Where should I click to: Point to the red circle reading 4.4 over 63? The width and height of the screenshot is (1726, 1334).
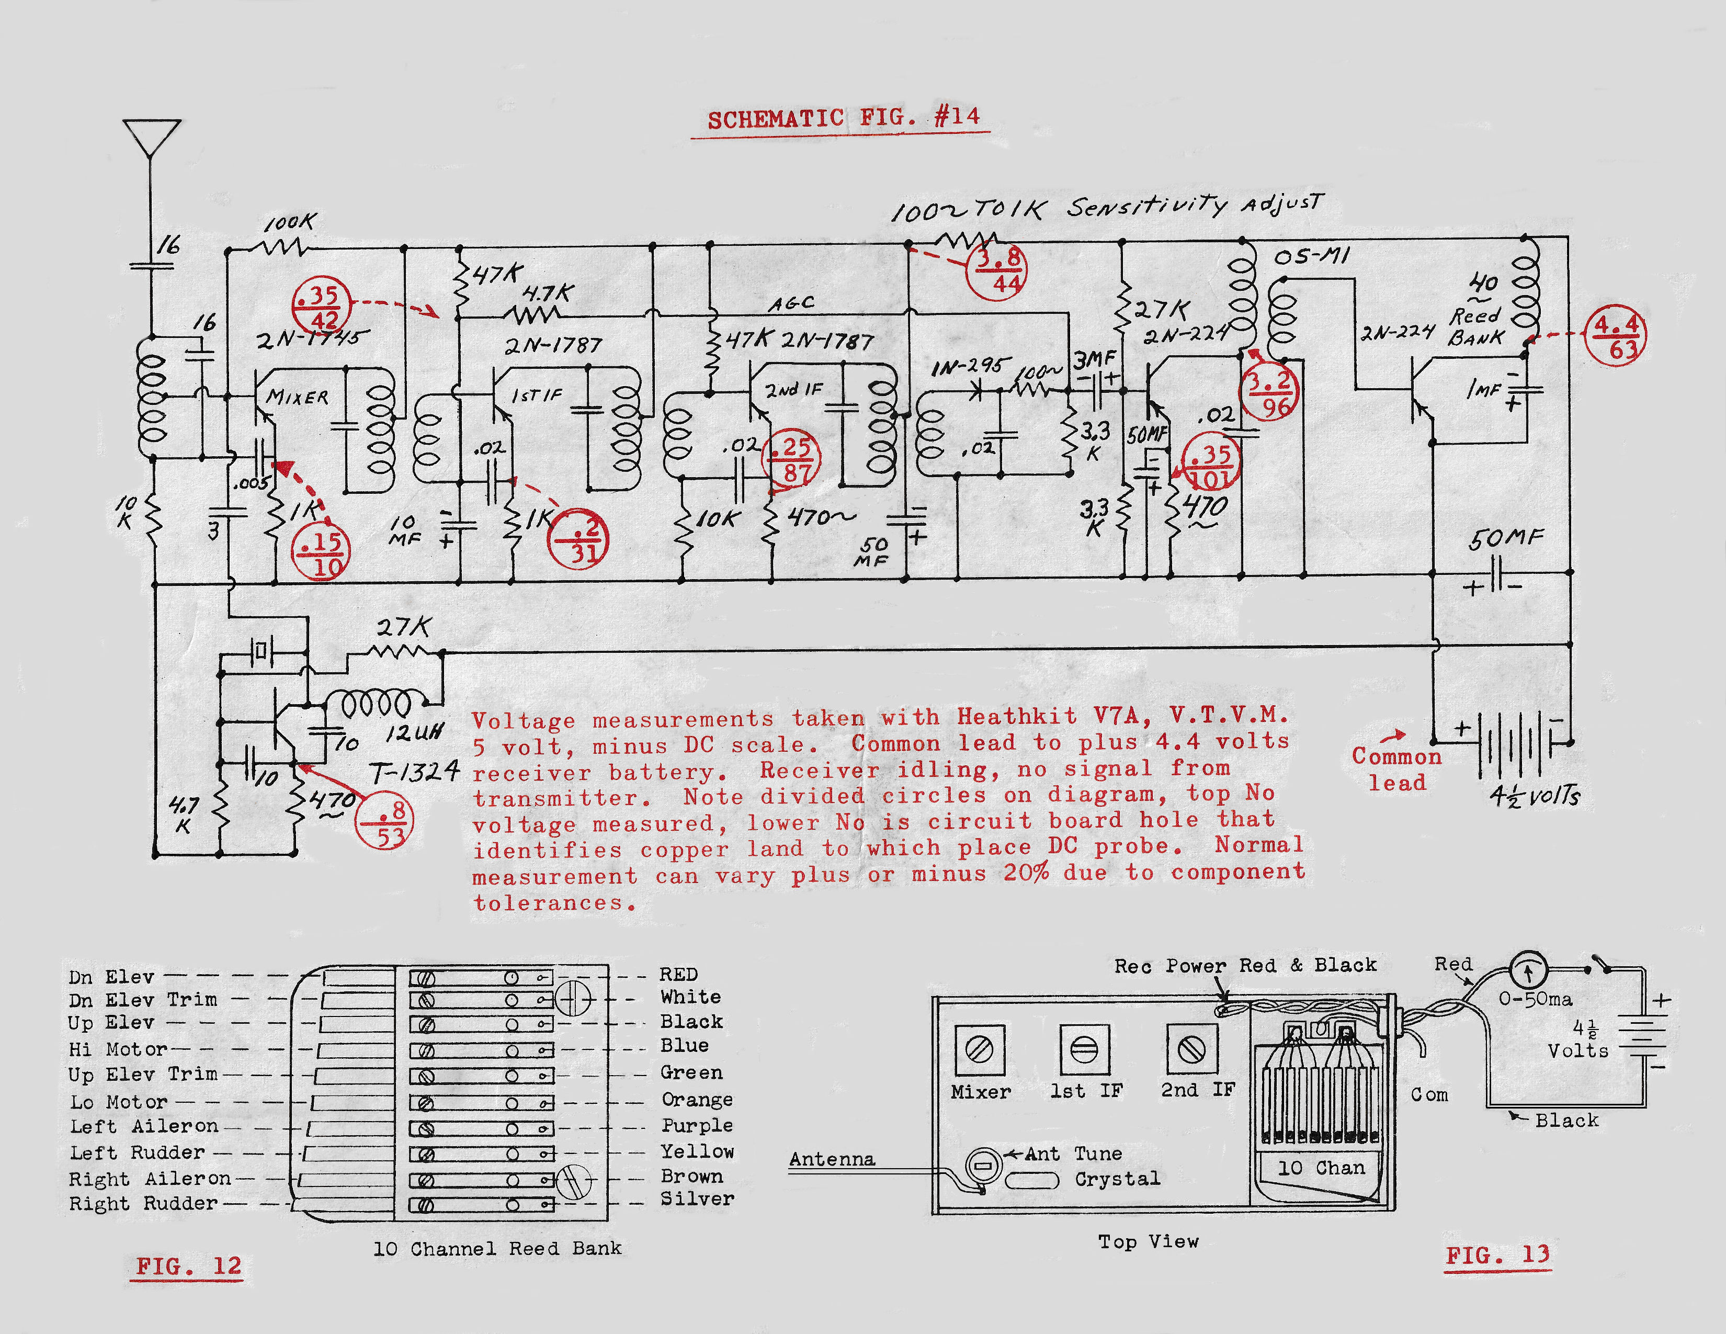(x=1616, y=336)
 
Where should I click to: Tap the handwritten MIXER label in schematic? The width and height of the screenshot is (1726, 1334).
(x=297, y=397)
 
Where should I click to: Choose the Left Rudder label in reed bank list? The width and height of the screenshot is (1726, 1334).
(x=138, y=1152)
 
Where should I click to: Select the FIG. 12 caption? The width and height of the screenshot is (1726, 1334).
(x=188, y=1265)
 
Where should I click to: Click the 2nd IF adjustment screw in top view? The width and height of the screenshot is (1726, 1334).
(x=1191, y=1049)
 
